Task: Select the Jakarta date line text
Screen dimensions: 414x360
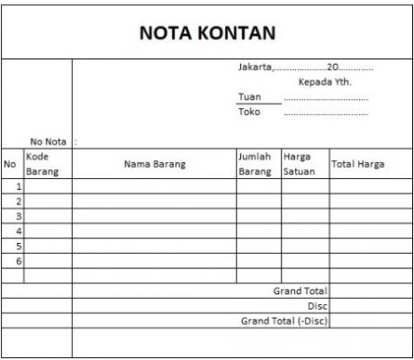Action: [304, 67]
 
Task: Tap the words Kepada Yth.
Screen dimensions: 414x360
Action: [325, 82]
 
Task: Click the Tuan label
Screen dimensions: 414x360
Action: [247, 96]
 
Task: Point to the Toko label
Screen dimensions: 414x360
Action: [247, 112]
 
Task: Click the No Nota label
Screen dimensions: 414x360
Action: [49, 141]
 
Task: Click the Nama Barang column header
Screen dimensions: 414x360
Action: [154, 165]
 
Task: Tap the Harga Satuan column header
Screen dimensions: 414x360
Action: [299, 164]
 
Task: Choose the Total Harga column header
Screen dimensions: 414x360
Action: [359, 165]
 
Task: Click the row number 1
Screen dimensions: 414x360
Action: [18, 186]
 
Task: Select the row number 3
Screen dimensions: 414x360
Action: [18, 216]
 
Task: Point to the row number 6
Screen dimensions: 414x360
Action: [18, 261]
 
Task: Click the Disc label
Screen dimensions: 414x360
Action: [317, 306]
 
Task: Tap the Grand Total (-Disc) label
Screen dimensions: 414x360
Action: [284, 320]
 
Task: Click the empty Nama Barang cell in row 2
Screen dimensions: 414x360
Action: [154, 202]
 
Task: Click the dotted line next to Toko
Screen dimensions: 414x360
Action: [325, 113]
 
